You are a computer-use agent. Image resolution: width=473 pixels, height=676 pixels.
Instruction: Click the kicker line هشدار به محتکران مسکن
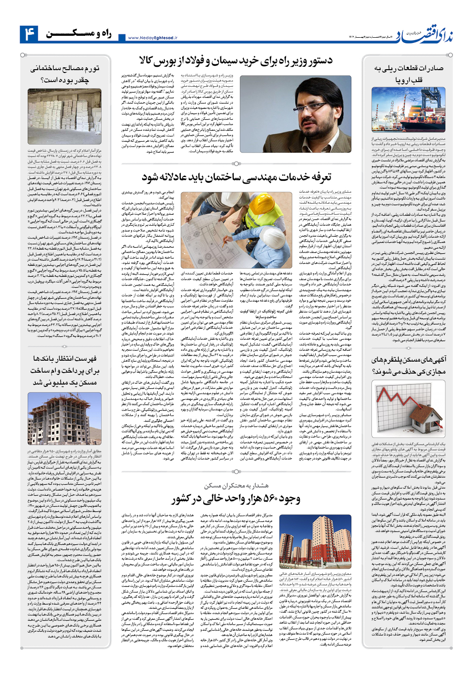pos(236,486)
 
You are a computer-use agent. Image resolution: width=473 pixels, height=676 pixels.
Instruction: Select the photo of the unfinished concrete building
pos(64,418)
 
